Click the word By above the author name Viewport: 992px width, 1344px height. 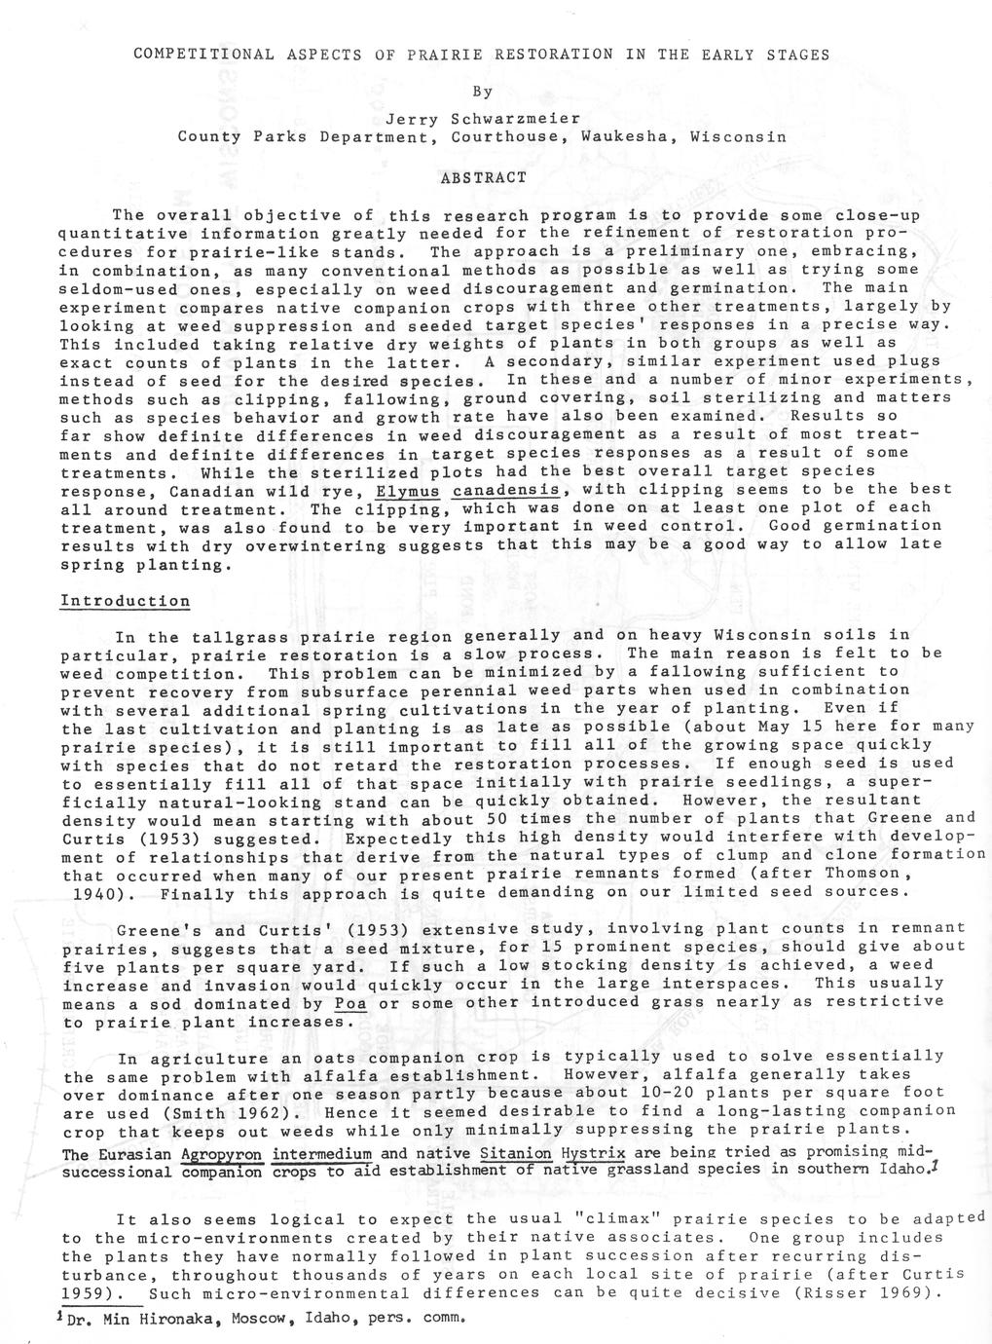pyautogui.click(x=483, y=92)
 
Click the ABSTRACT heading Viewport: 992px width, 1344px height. pyautogui.click(x=483, y=178)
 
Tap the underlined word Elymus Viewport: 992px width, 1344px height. pyautogui.click(x=409, y=489)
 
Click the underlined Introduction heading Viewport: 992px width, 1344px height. pyautogui.click(x=126, y=601)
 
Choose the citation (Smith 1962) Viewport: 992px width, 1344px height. pyautogui.click(x=231, y=1112)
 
